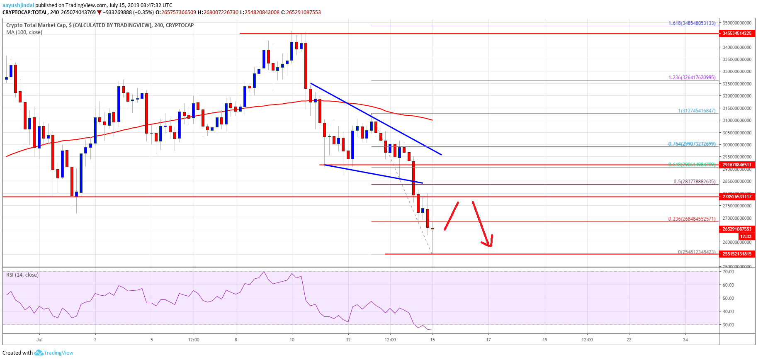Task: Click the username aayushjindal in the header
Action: tap(18, 5)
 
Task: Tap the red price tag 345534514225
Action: tap(737, 33)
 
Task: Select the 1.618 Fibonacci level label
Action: tap(692, 23)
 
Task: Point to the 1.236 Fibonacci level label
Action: tap(692, 78)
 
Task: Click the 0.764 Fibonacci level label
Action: tap(692, 144)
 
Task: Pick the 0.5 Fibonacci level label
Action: tap(694, 182)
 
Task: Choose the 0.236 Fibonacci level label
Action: tap(692, 219)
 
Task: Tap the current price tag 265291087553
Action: tap(737, 229)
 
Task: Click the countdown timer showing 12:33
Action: tap(746, 236)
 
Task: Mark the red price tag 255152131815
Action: tap(737, 254)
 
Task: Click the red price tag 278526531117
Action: tap(737, 197)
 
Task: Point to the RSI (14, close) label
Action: tap(22, 275)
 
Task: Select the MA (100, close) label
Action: tap(24, 32)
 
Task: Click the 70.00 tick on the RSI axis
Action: tap(728, 272)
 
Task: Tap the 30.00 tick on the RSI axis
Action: tap(728, 325)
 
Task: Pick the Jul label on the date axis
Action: tap(39, 340)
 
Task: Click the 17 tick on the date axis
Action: tap(488, 340)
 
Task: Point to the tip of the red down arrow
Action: tap(490, 247)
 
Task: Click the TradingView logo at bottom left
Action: tap(54, 353)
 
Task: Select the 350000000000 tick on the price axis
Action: tap(737, 23)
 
